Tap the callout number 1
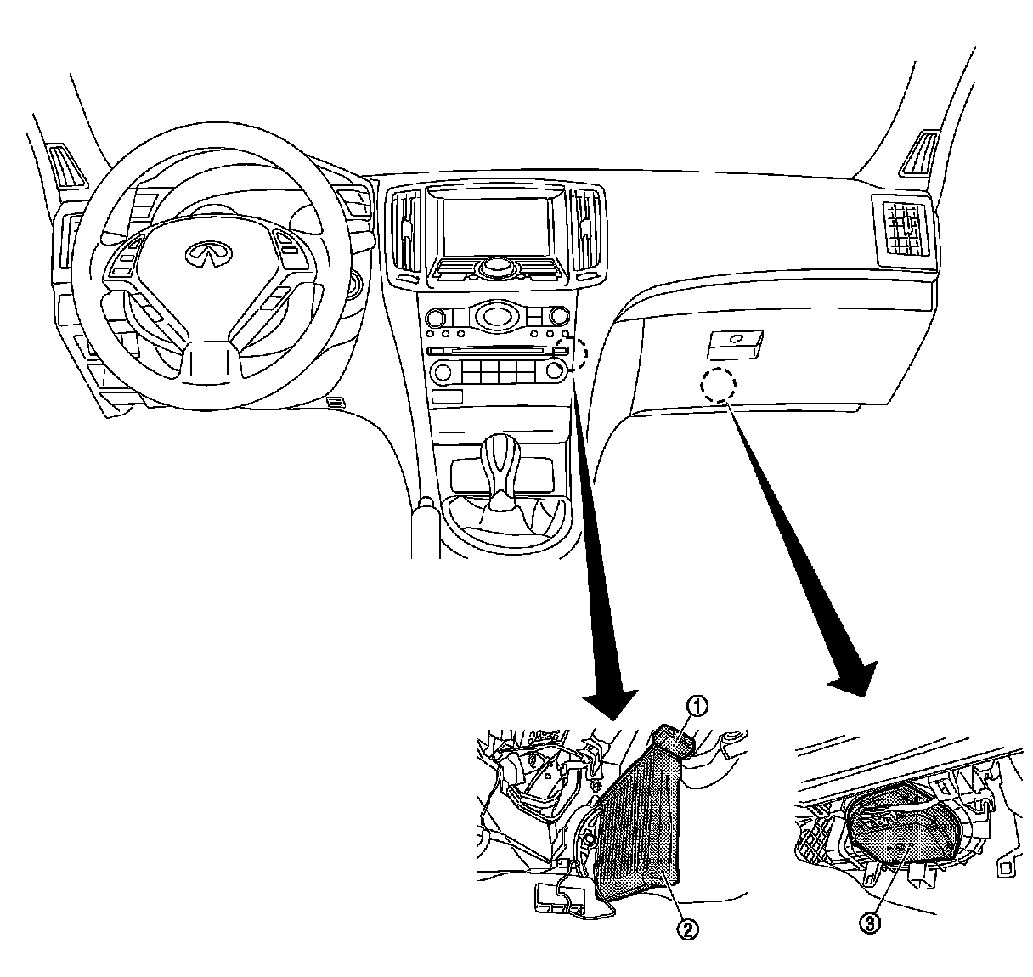[696, 704]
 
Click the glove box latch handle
[734, 343]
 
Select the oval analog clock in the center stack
[495, 317]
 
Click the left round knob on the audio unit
[440, 370]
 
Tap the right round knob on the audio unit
[556, 370]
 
